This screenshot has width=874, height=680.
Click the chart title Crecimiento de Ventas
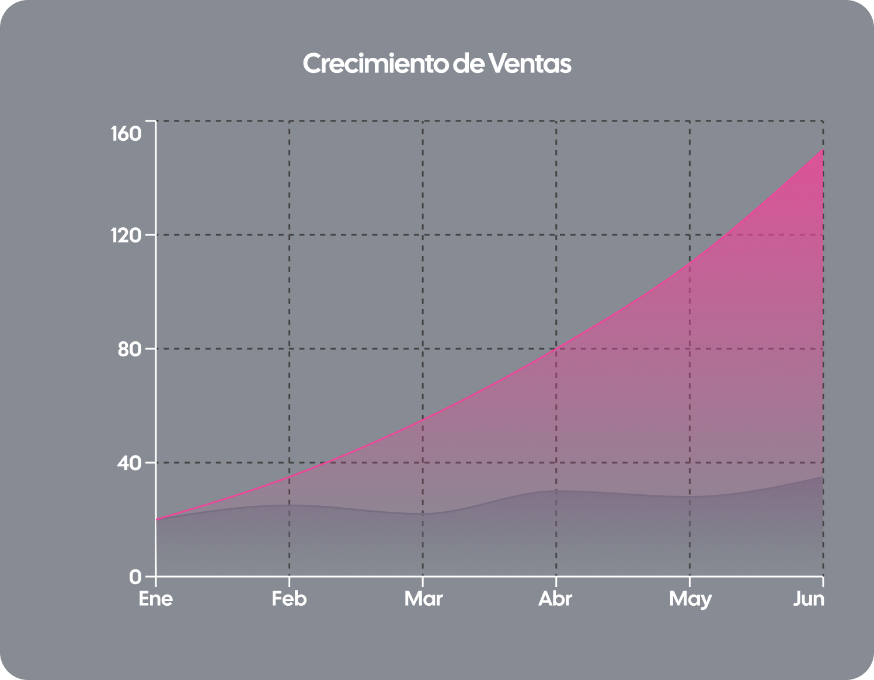437,64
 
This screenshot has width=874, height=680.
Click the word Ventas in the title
530,64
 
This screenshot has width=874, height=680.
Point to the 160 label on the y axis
126,134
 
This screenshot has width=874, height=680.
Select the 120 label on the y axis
126,235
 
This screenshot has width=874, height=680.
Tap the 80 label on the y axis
130,349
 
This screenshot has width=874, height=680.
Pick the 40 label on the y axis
130,463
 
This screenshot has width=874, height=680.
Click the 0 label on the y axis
135,577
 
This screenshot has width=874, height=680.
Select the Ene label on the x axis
156,599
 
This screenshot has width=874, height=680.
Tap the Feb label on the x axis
289,599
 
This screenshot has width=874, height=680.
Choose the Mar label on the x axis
423,599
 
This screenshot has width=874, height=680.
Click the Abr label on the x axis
555,599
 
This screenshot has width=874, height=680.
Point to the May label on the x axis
690,599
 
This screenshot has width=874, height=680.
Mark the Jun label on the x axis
809,599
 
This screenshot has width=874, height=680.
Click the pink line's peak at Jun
823,150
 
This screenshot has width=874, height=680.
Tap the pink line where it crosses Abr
556,348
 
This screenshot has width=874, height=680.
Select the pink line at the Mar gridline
423,419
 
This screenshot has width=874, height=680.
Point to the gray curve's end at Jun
823,477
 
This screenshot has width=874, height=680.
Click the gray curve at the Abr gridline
556,491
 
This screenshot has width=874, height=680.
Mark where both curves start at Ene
156,519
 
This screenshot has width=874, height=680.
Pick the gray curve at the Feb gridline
290,505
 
